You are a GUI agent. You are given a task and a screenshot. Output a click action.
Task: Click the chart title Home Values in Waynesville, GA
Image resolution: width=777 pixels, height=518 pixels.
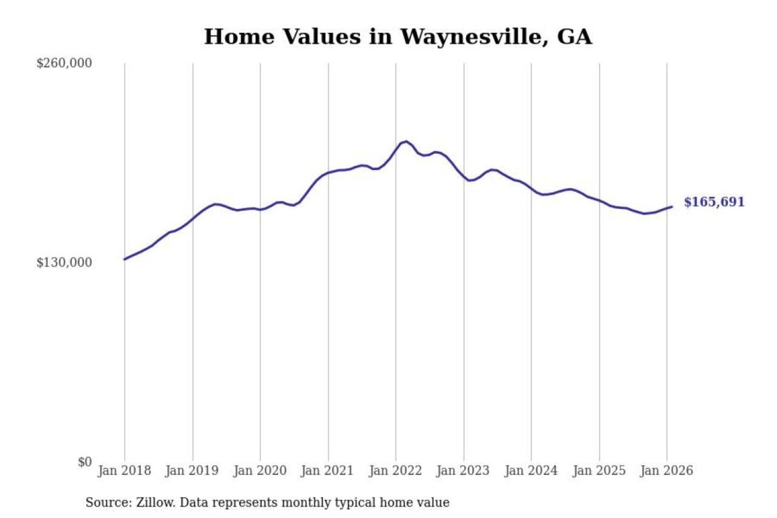398,37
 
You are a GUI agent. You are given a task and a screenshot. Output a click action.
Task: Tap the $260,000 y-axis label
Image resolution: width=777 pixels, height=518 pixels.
64,63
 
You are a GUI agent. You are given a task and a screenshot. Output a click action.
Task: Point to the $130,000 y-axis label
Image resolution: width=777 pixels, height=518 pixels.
64,262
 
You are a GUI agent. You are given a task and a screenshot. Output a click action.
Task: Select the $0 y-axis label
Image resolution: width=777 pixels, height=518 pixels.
85,462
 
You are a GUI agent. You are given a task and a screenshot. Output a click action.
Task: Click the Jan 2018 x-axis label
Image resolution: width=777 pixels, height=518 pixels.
124,471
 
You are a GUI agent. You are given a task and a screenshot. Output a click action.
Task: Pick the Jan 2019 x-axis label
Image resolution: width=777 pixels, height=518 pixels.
192,471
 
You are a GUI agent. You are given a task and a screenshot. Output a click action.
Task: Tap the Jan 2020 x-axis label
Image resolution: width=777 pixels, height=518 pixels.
260,471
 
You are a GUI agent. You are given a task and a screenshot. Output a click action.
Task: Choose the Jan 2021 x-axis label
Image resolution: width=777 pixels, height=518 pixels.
327,471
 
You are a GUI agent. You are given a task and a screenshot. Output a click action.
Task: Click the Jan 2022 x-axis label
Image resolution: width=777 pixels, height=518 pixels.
395,471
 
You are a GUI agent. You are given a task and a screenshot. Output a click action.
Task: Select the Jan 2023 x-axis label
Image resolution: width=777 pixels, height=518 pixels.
462,471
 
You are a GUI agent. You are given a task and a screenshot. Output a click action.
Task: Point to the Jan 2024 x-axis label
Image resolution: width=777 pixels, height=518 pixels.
530,471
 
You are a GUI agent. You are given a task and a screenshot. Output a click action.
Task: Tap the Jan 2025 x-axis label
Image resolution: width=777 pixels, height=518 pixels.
598,471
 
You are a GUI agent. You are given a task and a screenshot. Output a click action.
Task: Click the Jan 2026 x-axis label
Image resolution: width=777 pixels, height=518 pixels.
666,471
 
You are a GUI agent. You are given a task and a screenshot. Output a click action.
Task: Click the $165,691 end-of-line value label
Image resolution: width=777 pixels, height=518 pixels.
714,202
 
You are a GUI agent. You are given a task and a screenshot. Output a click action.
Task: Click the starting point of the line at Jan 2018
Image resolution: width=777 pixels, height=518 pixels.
125,260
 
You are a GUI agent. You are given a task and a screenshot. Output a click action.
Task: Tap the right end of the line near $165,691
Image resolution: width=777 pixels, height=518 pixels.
672,207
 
